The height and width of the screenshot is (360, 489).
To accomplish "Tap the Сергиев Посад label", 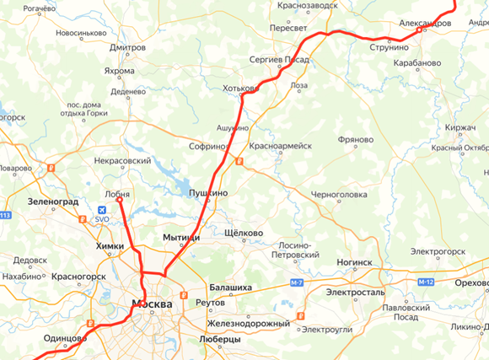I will pyautogui.click(x=279, y=61).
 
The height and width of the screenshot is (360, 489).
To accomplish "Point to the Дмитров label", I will pyautogui.click(x=127, y=48).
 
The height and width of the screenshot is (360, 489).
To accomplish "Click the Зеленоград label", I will pyautogui.click(x=52, y=202).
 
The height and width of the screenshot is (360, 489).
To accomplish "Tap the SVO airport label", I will pyautogui.click(x=102, y=219).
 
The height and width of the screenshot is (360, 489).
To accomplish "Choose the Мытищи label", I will pyautogui.click(x=181, y=239).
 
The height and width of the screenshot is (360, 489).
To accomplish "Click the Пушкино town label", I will pyautogui.click(x=208, y=192).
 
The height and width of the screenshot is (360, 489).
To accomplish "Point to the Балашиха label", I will pyautogui.click(x=230, y=287).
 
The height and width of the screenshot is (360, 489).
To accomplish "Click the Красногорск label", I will pyautogui.click(x=78, y=276).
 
